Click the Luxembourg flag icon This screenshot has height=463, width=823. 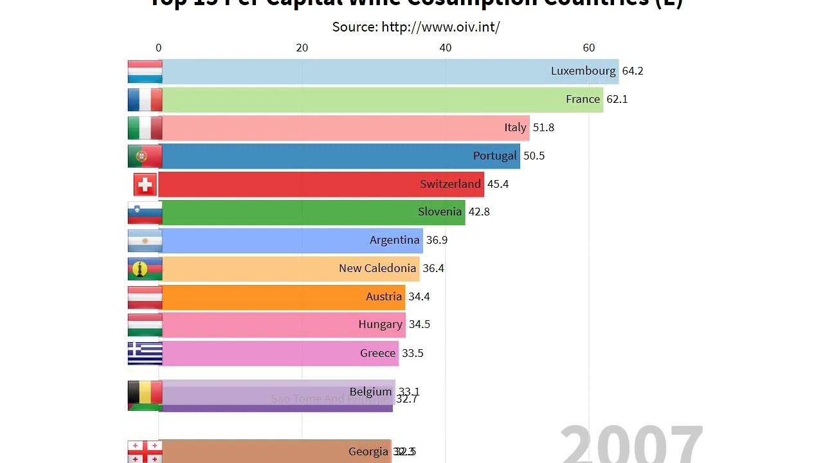[x=145, y=71]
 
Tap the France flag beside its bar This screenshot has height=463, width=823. [x=145, y=100]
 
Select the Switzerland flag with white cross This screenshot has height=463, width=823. [x=145, y=185]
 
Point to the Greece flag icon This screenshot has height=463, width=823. [x=145, y=353]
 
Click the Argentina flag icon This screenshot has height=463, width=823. [x=145, y=241]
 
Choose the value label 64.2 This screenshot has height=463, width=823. [x=633, y=71]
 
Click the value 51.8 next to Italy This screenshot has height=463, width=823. [x=543, y=127]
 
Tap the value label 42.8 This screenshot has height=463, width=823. [x=479, y=212]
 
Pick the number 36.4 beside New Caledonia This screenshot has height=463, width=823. [x=433, y=268]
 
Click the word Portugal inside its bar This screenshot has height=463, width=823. [x=494, y=156]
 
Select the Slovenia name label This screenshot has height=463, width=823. [x=440, y=212]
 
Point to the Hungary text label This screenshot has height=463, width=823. [x=380, y=324]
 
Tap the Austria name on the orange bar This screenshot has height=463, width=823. [x=384, y=296]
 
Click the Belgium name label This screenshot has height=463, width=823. [x=370, y=392]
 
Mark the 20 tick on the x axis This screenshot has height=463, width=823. [x=302, y=48]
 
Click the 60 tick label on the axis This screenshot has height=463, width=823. [x=589, y=48]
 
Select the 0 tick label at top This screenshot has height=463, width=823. [x=159, y=48]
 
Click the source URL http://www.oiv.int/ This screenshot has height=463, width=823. [x=440, y=27]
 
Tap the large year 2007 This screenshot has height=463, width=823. [x=631, y=444]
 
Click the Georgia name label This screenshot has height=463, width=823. [x=368, y=451]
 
